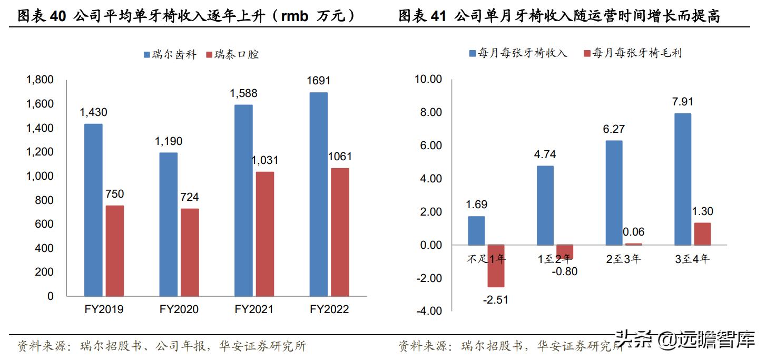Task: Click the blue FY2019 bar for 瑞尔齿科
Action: [93, 210]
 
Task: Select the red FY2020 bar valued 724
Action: [190, 252]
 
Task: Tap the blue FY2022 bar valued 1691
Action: [319, 194]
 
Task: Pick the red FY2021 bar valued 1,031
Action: [264, 233]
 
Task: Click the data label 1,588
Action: [243, 93]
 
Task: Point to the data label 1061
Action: [339, 157]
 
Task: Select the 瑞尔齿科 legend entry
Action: [169, 54]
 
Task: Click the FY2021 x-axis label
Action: [254, 309]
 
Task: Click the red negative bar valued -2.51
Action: [496, 266]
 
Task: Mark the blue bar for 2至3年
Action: [614, 192]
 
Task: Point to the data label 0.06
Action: [633, 232]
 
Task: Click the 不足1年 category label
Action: [486, 259]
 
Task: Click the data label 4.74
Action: [545, 154]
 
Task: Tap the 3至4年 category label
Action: [692, 259]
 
